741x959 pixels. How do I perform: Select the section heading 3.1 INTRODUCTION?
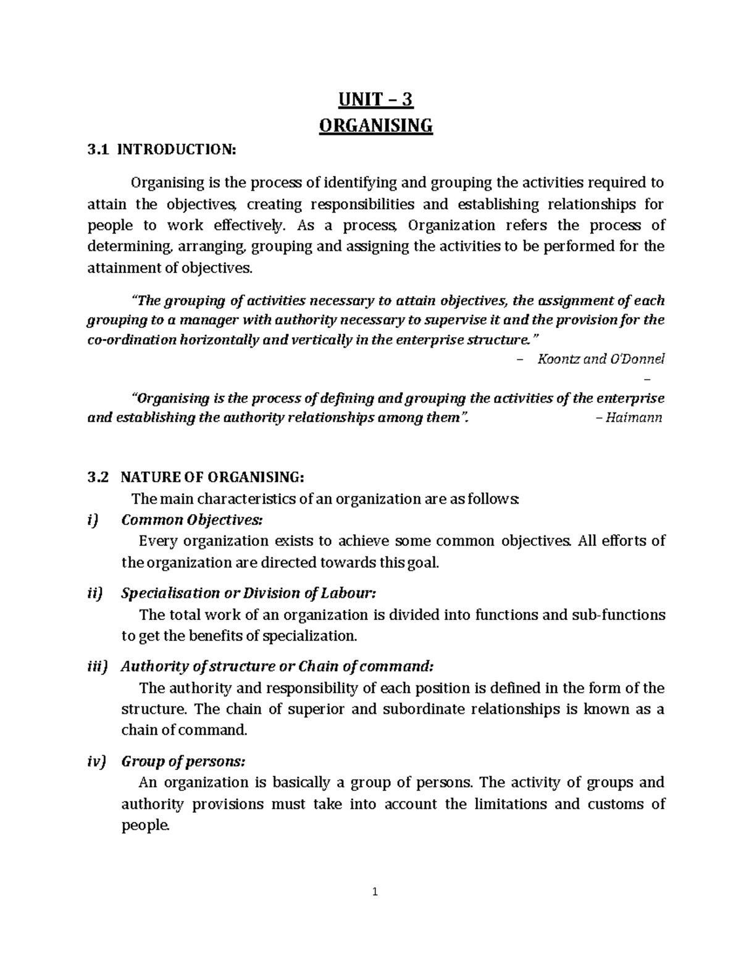(x=162, y=149)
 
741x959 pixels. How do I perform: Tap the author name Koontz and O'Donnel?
(x=601, y=359)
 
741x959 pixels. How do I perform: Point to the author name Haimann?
(x=634, y=417)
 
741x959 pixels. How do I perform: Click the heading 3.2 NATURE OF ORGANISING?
(x=196, y=477)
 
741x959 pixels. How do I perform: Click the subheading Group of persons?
(x=183, y=761)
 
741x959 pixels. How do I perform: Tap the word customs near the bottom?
(x=615, y=804)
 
